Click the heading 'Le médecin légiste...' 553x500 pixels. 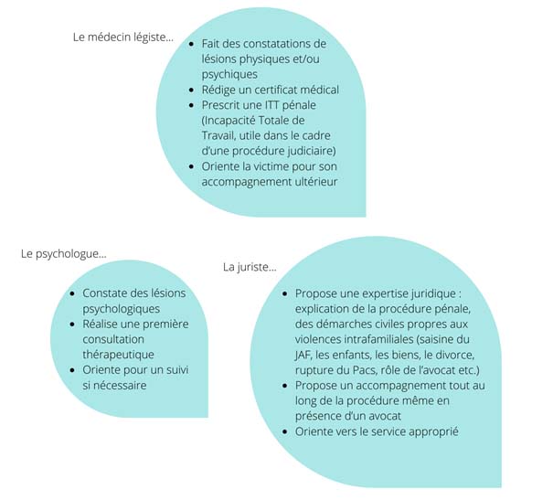(x=123, y=37)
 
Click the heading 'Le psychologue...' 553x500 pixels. (x=63, y=254)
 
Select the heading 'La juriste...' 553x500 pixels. (x=250, y=267)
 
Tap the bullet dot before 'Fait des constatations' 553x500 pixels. (x=192, y=44)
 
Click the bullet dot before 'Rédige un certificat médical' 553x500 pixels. (x=192, y=90)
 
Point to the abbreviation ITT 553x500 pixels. (x=271, y=105)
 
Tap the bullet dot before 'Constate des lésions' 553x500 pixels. (x=72, y=293)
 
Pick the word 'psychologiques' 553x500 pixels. (x=122, y=309)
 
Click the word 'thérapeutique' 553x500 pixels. (x=119, y=355)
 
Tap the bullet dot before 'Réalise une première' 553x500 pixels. (x=72, y=324)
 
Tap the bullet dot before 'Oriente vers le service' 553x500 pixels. (x=285, y=432)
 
